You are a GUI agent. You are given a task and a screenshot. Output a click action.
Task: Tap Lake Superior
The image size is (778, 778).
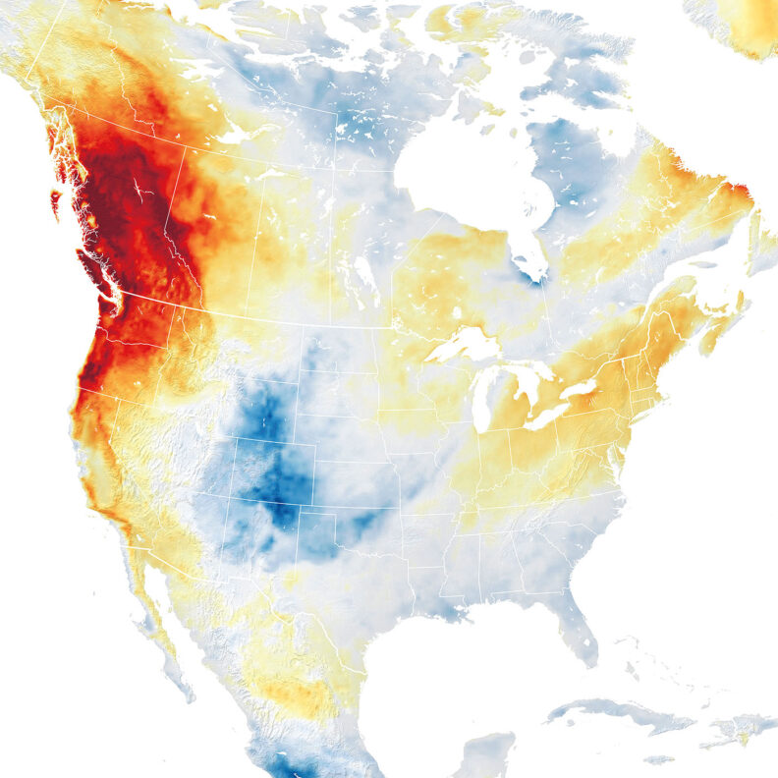point(462,345)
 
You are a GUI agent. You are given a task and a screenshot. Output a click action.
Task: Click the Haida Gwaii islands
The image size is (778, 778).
point(55,202)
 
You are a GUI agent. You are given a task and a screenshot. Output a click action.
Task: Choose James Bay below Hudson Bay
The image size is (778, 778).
point(531,254)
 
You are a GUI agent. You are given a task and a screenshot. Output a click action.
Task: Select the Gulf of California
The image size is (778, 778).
point(182,629)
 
